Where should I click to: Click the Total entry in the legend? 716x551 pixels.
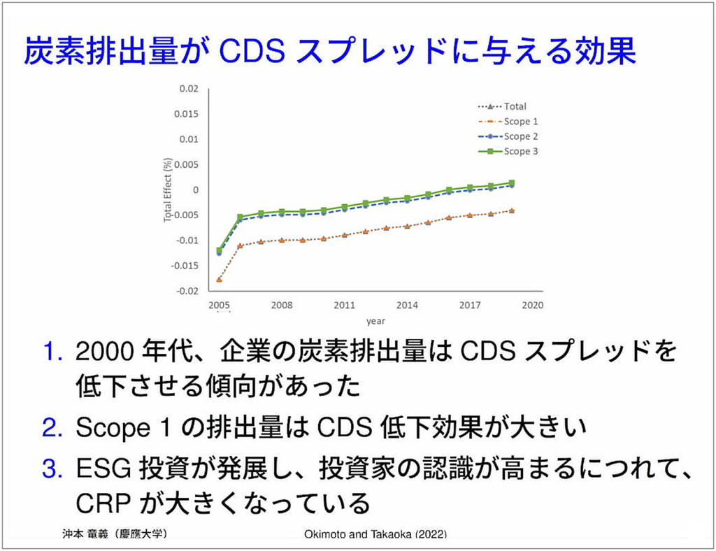click(502, 106)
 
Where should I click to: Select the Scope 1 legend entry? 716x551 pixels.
click(508, 122)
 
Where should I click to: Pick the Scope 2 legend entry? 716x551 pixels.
click(508, 136)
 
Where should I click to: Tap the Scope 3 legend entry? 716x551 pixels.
click(508, 151)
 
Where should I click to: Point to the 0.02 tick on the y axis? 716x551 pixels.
click(189, 89)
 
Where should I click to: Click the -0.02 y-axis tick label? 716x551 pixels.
click(187, 292)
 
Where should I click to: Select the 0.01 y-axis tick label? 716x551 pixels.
click(189, 139)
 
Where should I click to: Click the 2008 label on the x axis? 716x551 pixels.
click(282, 306)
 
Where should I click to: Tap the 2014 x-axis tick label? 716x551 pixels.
click(408, 306)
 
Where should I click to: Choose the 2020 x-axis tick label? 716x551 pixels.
click(533, 306)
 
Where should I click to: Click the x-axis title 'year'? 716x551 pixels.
click(375, 322)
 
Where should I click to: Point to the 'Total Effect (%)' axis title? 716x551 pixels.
click(168, 190)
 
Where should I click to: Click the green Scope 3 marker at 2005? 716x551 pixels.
click(219, 250)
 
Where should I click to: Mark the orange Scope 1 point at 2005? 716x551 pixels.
click(219, 280)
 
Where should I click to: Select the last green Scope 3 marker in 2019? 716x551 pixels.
click(512, 183)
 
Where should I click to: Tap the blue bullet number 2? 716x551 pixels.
click(52, 428)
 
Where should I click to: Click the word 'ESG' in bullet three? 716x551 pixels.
click(104, 468)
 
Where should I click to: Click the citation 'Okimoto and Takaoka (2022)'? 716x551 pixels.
click(375, 534)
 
